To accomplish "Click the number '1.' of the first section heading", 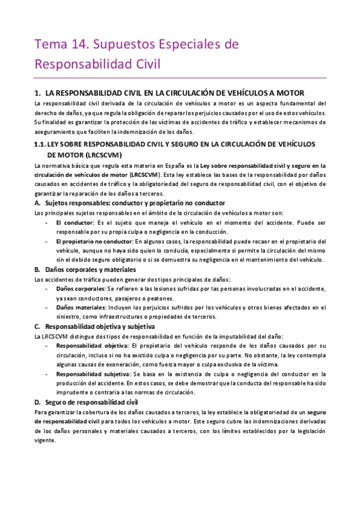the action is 38,93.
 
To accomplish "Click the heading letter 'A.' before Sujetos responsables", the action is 38,203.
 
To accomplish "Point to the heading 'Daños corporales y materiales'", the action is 90,269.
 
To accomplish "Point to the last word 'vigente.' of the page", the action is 45,440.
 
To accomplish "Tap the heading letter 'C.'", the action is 38,326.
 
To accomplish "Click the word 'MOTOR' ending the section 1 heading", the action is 290,93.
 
